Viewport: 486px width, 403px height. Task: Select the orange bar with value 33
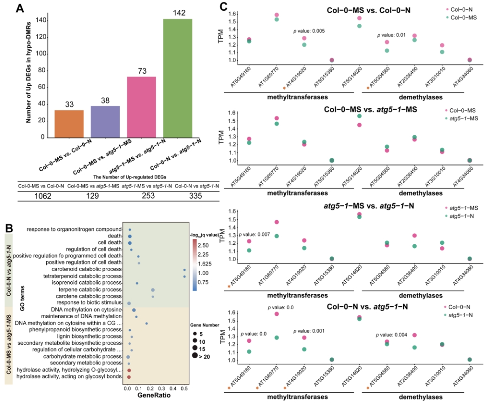[69, 124]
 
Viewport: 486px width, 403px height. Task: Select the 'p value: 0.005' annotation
[309, 31]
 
